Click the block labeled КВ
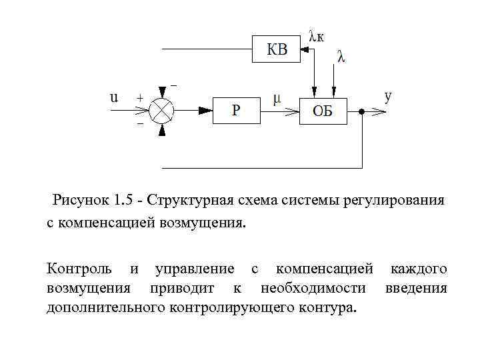(278, 48)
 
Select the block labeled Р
(235, 109)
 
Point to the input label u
(114, 97)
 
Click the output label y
(388, 96)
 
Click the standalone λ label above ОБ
(341, 57)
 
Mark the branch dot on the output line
(361, 111)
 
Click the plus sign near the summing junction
(140, 97)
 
